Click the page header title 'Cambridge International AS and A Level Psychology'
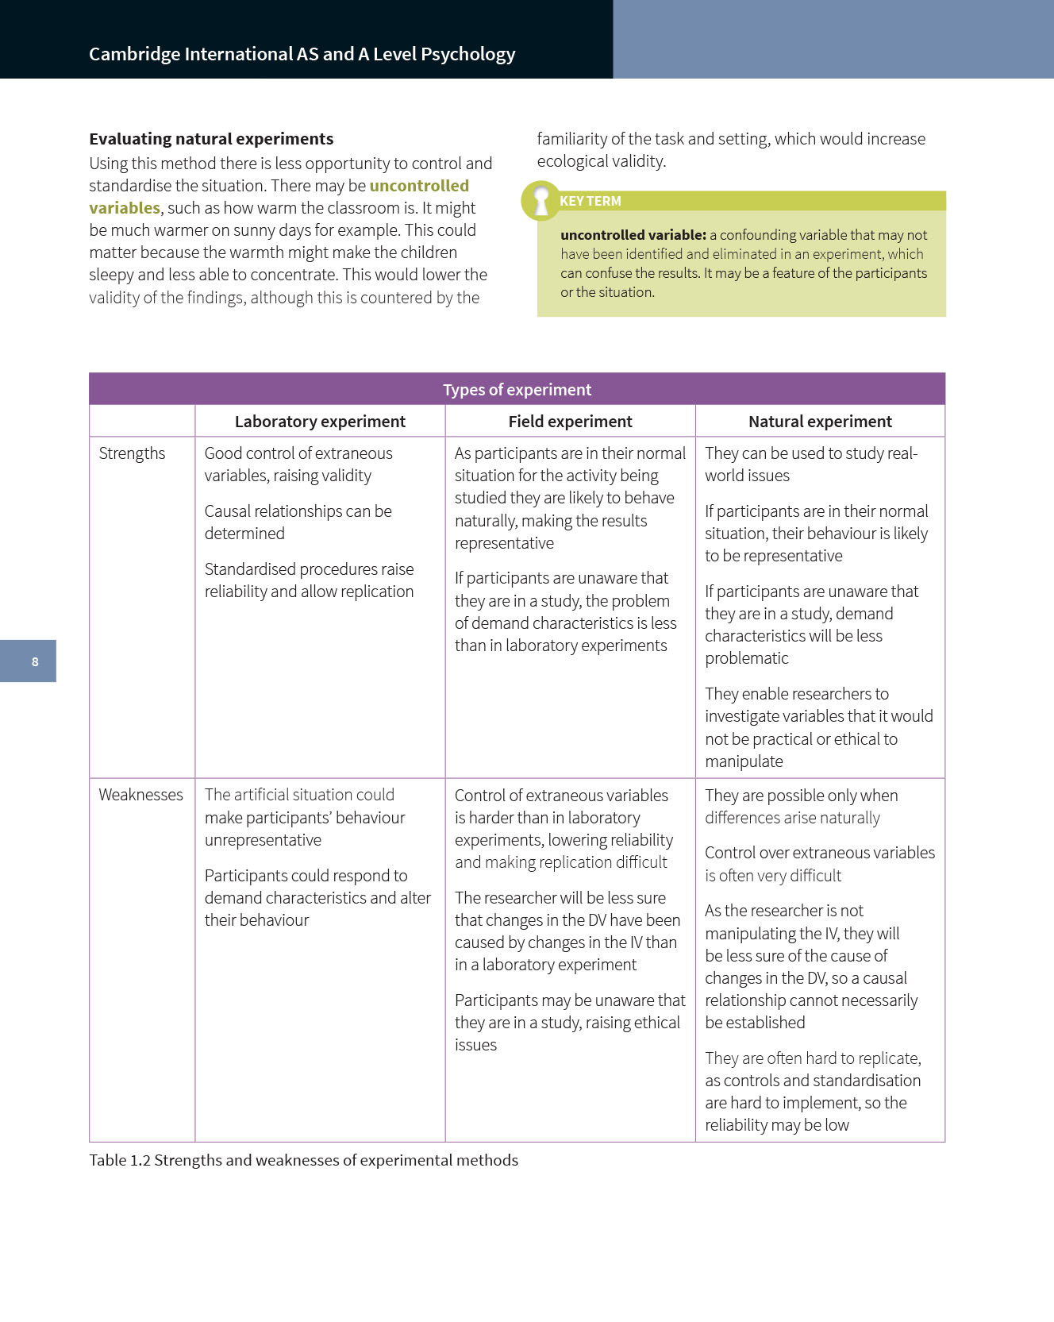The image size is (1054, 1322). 302,54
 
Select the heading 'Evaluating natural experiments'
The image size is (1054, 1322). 211,139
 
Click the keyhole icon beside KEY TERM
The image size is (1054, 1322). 541,200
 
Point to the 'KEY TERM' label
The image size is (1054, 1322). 590,202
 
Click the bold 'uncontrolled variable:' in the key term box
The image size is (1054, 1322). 633,235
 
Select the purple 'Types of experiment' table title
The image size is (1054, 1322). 517,389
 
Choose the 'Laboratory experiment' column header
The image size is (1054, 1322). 320,422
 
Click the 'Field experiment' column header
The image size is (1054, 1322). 570,422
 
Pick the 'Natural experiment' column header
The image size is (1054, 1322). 820,422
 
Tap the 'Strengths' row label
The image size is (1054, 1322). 132,453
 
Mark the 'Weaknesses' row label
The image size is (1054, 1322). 140,795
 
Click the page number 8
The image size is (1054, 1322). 35,661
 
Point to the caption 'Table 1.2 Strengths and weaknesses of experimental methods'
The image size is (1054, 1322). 303,1160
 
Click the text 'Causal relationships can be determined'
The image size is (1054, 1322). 298,522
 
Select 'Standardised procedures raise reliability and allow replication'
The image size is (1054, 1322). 309,580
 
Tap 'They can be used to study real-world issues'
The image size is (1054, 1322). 810,464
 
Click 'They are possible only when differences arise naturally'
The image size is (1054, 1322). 801,807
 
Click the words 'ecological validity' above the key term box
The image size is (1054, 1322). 600,161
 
